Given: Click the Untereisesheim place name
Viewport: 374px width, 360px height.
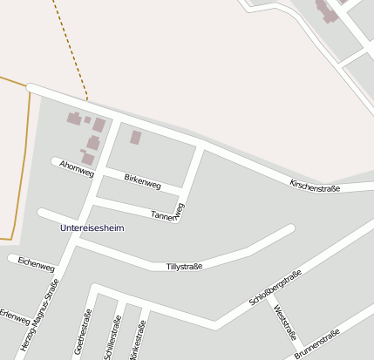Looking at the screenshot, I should [x=92, y=228].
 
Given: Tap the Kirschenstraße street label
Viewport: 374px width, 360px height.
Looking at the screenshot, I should [x=315, y=184].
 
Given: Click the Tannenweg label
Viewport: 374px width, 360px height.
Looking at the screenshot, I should [x=168, y=212].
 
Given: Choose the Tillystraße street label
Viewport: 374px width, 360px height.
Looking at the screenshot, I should [x=184, y=266].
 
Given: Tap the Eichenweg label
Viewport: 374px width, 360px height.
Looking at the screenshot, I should [x=36, y=262].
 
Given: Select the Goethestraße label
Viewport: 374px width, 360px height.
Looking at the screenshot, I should [x=85, y=335].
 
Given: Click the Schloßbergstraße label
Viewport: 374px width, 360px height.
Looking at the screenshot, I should [x=275, y=288].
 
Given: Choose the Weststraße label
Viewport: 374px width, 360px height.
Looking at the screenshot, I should [x=285, y=323].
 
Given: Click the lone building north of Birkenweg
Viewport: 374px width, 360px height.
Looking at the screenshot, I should [x=135, y=137].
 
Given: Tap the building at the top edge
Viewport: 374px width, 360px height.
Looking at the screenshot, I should [x=329, y=10].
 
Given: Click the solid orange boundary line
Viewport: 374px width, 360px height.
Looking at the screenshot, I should [x=26, y=157].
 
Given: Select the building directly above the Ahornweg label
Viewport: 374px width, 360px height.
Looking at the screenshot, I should [x=89, y=158].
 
